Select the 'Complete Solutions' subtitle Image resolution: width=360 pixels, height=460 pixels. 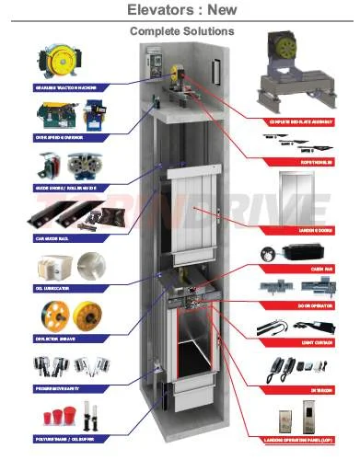pos(181,31)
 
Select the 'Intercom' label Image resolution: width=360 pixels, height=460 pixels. pos(321,389)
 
